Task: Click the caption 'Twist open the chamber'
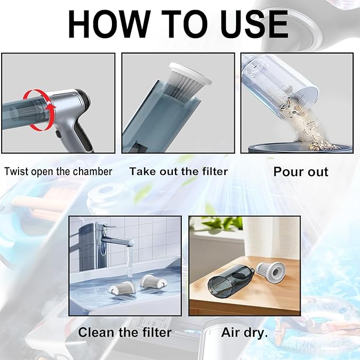(58, 171)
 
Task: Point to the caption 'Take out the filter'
(179, 171)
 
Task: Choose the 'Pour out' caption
(301, 171)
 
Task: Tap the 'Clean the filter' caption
(125, 332)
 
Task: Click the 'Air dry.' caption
(245, 332)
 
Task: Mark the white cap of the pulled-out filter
(191, 74)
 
